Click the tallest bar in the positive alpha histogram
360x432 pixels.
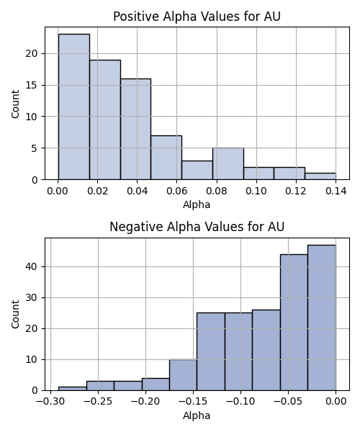(x=74, y=107)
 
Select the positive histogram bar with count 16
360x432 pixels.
(x=135, y=129)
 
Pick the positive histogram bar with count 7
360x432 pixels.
(x=166, y=158)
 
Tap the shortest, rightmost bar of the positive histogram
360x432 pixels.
(x=320, y=176)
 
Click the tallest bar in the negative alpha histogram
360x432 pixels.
(x=322, y=318)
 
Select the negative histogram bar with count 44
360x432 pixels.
(x=294, y=323)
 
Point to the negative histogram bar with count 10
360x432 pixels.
(x=183, y=375)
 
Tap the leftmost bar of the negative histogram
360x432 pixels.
(x=73, y=389)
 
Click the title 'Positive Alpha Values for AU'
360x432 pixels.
(x=197, y=17)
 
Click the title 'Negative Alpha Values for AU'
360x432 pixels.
(x=197, y=227)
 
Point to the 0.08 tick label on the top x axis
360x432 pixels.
(x=217, y=191)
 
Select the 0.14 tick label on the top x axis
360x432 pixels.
(x=336, y=191)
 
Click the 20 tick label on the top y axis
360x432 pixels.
(x=32, y=53)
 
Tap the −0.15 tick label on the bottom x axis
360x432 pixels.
(x=193, y=402)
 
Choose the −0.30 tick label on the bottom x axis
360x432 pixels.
(x=50, y=402)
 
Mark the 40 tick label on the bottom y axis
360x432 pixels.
(x=32, y=266)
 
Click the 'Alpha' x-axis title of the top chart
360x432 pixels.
(x=197, y=204)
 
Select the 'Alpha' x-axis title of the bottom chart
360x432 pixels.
(x=197, y=415)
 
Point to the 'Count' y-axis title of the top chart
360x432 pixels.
(x=15, y=104)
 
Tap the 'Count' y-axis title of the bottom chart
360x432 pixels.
(x=15, y=315)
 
